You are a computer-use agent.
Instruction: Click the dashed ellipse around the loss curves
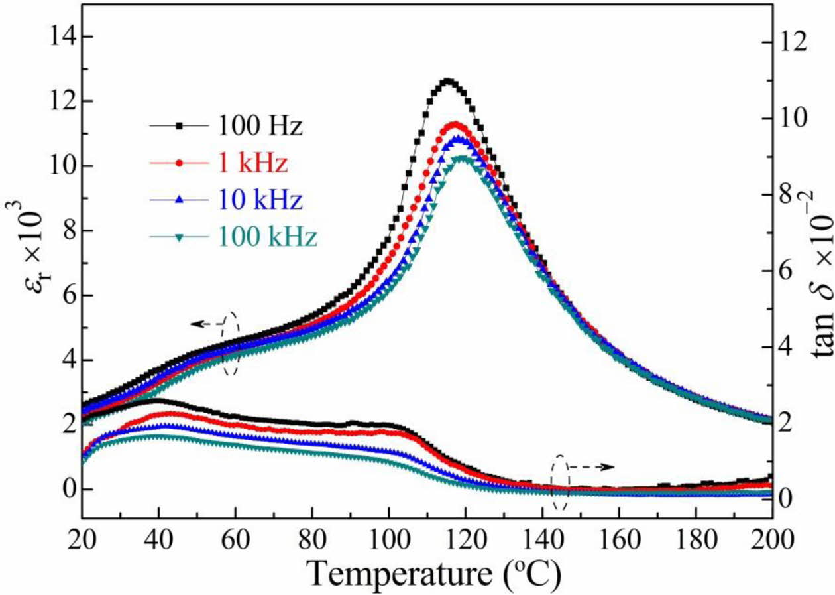point(560,482)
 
